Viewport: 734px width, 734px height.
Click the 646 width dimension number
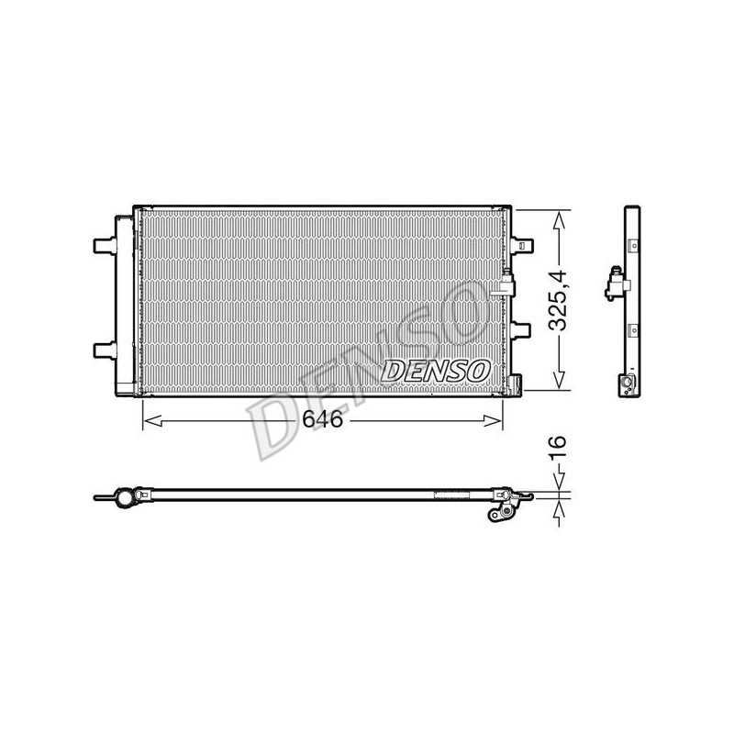[323, 419]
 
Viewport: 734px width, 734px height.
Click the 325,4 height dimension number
[558, 301]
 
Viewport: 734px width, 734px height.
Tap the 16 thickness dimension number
[558, 446]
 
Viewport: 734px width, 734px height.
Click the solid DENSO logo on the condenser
[436, 371]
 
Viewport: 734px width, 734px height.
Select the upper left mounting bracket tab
[105, 245]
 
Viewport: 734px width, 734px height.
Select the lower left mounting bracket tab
[105, 350]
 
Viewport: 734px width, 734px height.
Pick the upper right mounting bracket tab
[522, 244]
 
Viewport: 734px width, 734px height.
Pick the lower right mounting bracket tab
[521, 329]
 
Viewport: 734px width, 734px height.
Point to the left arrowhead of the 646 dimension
[152, 421]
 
